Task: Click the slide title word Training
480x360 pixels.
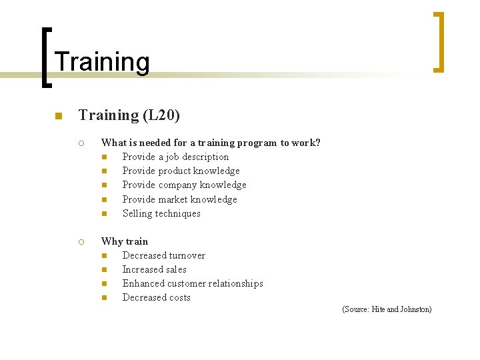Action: click(102, 62)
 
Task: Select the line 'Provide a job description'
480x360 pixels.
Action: click(175, 157)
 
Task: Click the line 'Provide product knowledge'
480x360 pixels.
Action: click(181, 171)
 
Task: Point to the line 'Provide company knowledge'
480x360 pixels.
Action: click(184, 185)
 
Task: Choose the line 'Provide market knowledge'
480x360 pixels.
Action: click(179, 199)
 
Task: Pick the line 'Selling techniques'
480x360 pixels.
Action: click(161, 213)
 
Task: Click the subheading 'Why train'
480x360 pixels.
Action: click(125, 241)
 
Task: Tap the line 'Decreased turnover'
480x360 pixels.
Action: click(163, 255)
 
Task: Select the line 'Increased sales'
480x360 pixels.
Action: click(154, 269)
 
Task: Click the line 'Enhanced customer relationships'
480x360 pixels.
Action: click(193, 283)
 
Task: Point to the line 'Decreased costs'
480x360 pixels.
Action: click(156, 297)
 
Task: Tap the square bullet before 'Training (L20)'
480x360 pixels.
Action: click(59, 117)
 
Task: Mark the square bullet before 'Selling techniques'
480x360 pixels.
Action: click(105, 214)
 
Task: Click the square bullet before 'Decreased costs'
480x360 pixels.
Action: click(105, 298)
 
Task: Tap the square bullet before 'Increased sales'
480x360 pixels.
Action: click(105, 270)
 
